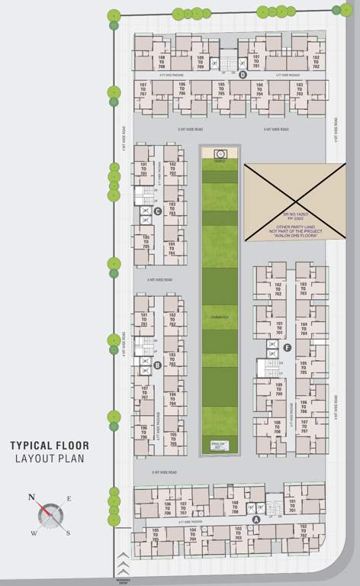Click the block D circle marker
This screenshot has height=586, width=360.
point(242,75)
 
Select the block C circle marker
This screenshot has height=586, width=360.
point(157,211)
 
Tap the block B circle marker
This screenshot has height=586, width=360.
point(157,365)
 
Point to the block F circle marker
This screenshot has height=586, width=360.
point(287,348)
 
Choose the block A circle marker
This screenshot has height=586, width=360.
point(256,518)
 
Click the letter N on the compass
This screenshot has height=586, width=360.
point(32,497)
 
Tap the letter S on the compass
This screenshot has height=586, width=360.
point(68,533)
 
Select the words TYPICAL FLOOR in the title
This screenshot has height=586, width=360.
point(49,445)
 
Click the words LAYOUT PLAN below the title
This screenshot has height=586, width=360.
point(50,459)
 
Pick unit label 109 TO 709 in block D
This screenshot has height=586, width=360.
point(200,63)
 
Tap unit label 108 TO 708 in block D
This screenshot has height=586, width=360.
point(161,63)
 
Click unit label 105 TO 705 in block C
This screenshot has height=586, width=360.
point(146,242)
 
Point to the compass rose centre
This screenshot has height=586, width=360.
point(50,514)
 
